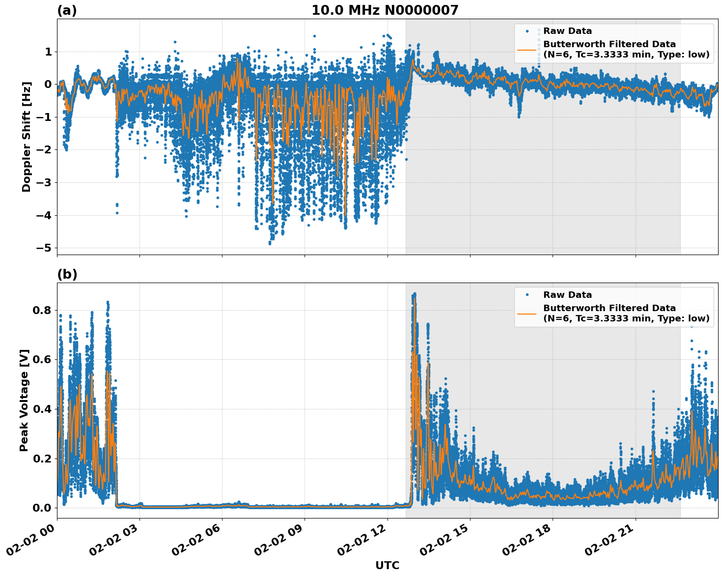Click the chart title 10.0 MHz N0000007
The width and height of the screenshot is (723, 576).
385,10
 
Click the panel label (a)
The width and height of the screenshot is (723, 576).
67,10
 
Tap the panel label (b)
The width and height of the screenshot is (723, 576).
67,274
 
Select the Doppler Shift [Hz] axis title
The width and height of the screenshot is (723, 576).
27,137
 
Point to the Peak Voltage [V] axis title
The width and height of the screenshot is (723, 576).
24,400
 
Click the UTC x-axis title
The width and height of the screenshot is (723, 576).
387,565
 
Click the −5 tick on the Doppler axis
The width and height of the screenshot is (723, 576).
44,248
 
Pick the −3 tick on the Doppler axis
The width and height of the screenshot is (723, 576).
44,182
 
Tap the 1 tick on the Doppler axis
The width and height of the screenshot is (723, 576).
48,52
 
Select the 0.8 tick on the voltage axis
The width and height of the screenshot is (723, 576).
42,310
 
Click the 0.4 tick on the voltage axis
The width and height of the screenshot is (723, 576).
42,409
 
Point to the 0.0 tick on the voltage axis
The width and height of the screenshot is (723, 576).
42,508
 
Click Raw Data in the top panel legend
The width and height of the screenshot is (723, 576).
567,31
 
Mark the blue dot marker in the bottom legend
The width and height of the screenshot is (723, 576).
527,295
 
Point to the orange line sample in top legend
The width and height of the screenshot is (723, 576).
527,50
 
